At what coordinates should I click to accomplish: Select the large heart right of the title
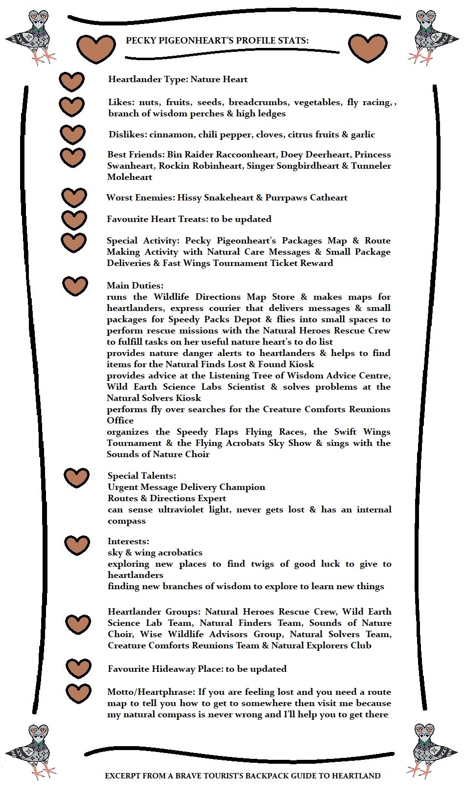(x=368, y=48)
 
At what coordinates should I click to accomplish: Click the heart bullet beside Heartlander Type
(x=71, y=82)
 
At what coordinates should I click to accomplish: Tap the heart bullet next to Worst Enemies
(x=74, y=197)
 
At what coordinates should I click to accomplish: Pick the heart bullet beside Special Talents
(x=76, y=478)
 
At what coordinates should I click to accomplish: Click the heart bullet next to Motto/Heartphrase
(x=78, y=693)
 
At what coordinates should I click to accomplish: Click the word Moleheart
(x=130, y=177)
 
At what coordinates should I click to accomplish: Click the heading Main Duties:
(x=135, y=286)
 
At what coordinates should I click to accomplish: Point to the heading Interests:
(x=128, y=541)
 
